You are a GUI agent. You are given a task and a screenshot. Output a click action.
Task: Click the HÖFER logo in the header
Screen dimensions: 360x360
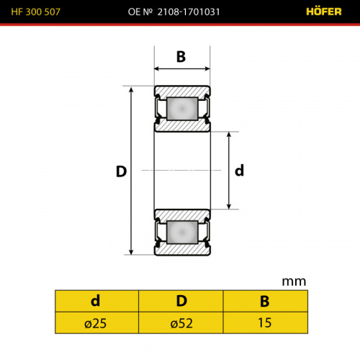(324, 12)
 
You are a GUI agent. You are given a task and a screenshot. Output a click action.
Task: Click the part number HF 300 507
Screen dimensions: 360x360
(35, 12)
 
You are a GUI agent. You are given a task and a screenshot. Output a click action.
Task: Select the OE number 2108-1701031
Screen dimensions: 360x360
(189, 12)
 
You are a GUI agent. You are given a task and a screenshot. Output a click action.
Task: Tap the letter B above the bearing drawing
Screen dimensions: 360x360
(181, 57)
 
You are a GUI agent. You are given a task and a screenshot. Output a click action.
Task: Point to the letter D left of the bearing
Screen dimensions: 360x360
(121, 171)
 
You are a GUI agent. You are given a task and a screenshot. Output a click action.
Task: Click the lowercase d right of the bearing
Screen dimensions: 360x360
(239, 171)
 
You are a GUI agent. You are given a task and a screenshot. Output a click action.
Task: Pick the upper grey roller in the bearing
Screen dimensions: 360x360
(182, 109)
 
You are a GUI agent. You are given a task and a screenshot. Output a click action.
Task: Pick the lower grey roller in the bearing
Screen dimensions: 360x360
(182, 232)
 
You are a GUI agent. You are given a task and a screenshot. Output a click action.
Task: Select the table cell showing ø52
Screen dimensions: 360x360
(181, 323)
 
